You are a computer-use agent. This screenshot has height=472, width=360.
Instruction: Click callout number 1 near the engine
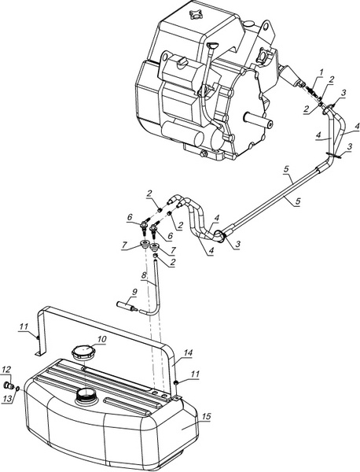[321, 72]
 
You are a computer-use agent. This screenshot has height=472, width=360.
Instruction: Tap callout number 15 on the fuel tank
[206, 417]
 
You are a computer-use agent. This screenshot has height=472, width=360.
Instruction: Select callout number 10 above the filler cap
[102, 339]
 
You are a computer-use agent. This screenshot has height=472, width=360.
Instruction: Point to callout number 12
[6, 370]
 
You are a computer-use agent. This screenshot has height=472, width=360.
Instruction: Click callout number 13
[7, 399]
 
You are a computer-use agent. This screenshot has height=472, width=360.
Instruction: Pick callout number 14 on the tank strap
[189, 352]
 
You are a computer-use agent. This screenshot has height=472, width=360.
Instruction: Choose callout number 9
[134, 291]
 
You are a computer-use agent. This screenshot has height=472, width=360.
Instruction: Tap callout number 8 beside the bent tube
[144, 275]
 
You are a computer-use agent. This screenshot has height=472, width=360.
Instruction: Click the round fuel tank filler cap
[82, 352]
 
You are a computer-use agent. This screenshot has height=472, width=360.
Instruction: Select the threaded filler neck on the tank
[86, 394]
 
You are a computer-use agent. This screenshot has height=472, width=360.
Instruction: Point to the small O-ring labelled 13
[18, 389]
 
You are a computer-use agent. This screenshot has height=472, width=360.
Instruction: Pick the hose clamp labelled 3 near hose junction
[220, 236]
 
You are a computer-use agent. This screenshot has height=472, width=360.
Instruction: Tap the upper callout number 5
[287, 169]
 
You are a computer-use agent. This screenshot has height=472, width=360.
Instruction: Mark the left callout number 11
[24, 326]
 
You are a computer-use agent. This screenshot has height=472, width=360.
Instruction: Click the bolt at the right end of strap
[176, 382]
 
